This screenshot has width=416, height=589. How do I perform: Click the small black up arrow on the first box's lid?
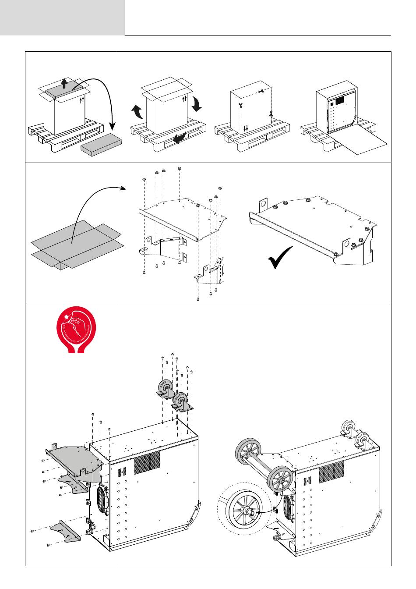[64, 83]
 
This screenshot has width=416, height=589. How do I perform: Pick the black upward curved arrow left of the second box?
[137, 112]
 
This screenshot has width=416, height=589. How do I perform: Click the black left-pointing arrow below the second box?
[179, 138]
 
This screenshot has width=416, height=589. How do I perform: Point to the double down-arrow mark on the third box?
[246, 128]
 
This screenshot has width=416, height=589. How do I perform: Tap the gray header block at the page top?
[62, 18]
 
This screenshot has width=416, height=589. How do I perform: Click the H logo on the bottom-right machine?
[307, 481]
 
